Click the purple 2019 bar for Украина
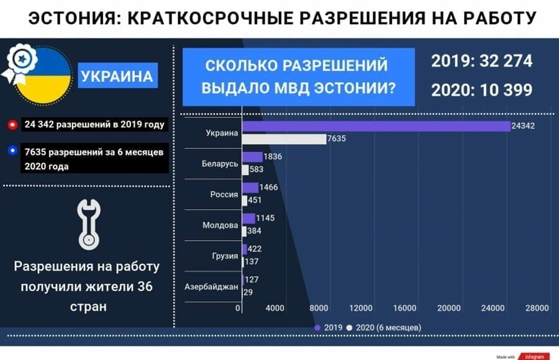pyautogui.click(x=376, y=126)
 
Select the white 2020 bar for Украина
pyautogui.click(x=284, y=139)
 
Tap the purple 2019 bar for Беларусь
pyautogui.click(x=252, y=157)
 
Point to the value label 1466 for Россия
pyautogui.click(x=268, y=187)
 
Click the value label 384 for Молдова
pyautogui.click(x=254, y=231)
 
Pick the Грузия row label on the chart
pyautogui.click(x=225, y=256)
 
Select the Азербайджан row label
pyautogui.click(x=211, y=287)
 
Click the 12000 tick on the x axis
pyautogui.click(x=361, y=308)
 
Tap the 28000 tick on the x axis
pyautogui.click(x=537, y=308)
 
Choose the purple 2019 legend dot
pyautogui.click(x=317, y=328)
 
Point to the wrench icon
pyautogui.click(x=89, y=224)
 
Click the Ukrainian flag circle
pyautogui.click(x=43, y=76)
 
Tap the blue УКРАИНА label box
pyautogui.click(x=117, y=75)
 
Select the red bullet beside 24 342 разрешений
pyautogui.click(x=12, y=125)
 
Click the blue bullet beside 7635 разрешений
pyautogui.click(x=12, y=151)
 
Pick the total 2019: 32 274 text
pyautogui.click(x=481, y=61)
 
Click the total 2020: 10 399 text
pyautogui.click(x=481, y=90)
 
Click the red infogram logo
pyautogui.click(x=534, y=356)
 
